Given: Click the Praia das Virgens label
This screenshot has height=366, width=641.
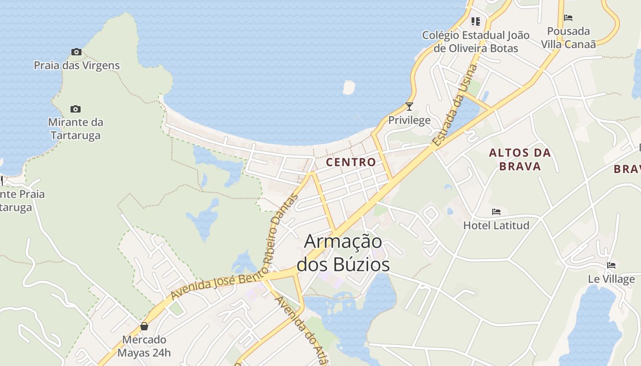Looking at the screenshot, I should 77,65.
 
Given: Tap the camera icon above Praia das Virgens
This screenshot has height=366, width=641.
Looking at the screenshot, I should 76,52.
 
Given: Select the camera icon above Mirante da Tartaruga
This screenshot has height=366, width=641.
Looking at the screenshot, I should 76,109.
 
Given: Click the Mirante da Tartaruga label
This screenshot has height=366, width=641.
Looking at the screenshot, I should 76,129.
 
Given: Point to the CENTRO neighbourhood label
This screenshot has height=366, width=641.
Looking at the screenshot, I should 351,162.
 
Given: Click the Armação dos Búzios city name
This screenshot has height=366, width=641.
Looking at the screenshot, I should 343,253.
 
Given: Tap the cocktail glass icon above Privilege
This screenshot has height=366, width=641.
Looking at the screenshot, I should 409,107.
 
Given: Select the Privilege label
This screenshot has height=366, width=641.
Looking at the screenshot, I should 409,120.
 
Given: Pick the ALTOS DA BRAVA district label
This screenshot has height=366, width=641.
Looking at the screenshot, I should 520,159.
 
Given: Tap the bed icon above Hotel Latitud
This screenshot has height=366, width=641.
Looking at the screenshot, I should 496,212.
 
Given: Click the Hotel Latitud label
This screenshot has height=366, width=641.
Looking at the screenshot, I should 496,225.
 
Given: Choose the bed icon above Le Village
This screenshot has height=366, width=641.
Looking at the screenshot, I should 611,265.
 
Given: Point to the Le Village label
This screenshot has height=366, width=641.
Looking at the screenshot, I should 611,279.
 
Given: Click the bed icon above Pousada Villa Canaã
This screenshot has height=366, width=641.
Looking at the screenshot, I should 568,18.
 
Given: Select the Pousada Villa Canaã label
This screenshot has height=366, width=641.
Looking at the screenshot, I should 569,38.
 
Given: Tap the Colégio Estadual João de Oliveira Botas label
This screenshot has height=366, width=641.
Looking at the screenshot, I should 476,42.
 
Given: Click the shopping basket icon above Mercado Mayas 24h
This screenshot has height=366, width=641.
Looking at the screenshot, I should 144,326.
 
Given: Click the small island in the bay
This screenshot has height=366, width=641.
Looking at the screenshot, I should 349,87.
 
